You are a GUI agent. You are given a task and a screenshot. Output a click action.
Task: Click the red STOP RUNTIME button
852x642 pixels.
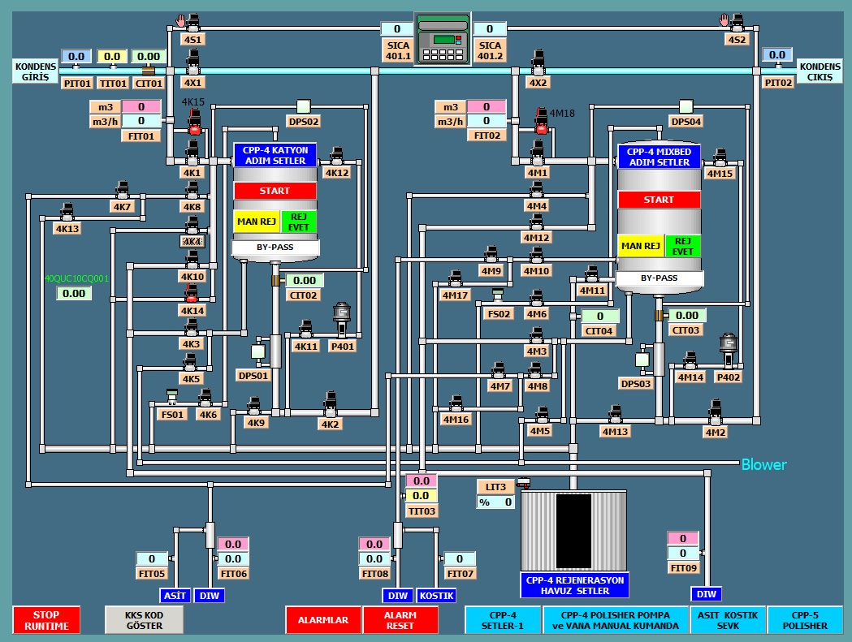(46, 620)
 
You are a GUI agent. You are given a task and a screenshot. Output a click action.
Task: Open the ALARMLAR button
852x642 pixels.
(323, 620)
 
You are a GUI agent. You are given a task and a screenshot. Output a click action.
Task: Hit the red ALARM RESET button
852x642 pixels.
(400, 620)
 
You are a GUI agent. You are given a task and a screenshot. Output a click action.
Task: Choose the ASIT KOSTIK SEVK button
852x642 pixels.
(728, 620)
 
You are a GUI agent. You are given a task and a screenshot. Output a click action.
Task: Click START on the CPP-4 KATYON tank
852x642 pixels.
(275, 191)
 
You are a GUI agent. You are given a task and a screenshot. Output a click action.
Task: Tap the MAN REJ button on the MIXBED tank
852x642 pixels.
(640, 246)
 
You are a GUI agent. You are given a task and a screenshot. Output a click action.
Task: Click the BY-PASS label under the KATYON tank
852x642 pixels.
(275, 247)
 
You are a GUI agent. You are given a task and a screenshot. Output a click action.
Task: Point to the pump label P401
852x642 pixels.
(342, 347)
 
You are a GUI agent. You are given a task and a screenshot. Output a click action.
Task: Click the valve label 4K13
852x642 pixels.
(67, 229)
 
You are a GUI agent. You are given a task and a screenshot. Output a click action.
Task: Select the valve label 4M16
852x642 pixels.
(456, 420)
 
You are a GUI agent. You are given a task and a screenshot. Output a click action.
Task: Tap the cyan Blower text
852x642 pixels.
(763, 465)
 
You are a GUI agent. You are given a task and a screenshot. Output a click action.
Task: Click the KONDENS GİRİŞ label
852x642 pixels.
(35, 71)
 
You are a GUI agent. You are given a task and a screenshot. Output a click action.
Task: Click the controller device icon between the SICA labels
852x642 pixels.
(442, 39)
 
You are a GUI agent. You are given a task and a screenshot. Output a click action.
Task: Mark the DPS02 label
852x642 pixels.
(303, 122)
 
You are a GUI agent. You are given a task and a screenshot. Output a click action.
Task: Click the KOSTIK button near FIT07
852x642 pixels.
(437, 596)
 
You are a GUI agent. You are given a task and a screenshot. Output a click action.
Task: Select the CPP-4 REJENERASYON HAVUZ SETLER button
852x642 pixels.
(575, 585)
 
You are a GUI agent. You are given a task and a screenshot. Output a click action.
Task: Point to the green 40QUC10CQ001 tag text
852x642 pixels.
(76, 278)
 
